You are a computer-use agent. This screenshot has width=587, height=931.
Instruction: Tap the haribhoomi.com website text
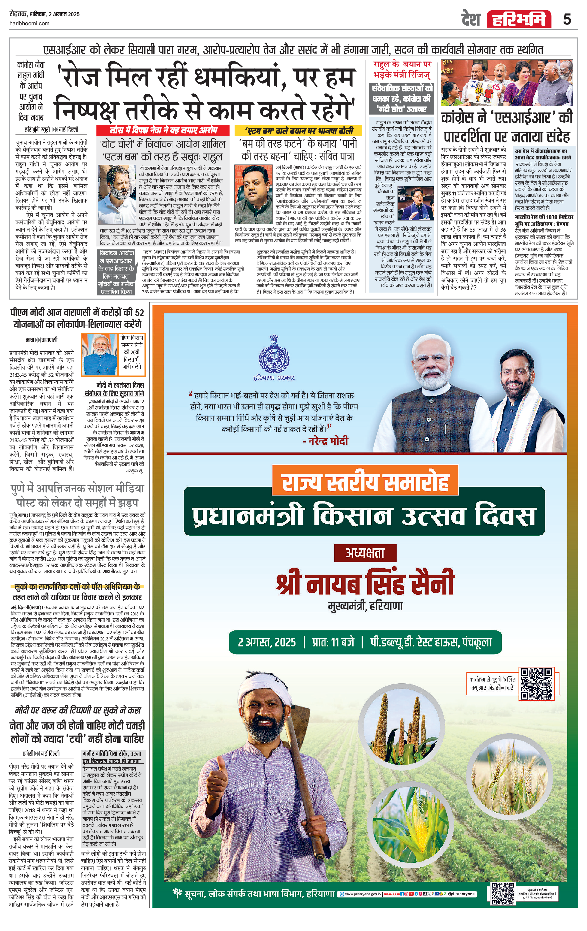(x=29, y=23)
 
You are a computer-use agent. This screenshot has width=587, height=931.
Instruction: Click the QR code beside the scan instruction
(x=536, y=683)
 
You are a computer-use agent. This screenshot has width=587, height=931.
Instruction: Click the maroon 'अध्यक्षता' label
(x=365, y=553)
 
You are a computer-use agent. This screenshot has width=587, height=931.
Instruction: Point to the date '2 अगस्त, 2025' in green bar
(x=267, y=642)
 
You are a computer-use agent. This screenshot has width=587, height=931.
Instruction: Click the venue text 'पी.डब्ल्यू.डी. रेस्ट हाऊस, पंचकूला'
(x=431, y=642)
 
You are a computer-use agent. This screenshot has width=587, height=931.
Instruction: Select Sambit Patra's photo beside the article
(x=253, y=194)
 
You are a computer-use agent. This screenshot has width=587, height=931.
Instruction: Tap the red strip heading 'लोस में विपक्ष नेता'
(x=164, y=130)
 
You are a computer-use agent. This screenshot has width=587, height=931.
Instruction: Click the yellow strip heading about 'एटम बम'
(x=298, y=131)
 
